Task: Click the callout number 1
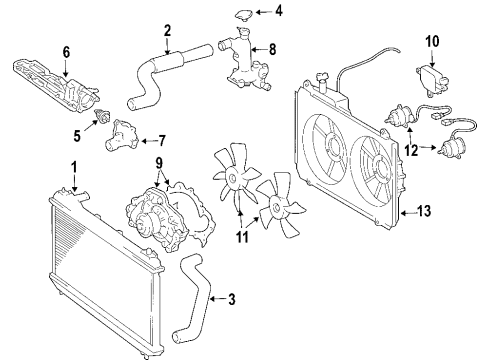coord(72,166)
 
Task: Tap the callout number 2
coord(168,29)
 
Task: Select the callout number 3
coord(231,298)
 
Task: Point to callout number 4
coord(280,12)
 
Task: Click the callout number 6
coord(66,50)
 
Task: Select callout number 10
coord(433,41)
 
